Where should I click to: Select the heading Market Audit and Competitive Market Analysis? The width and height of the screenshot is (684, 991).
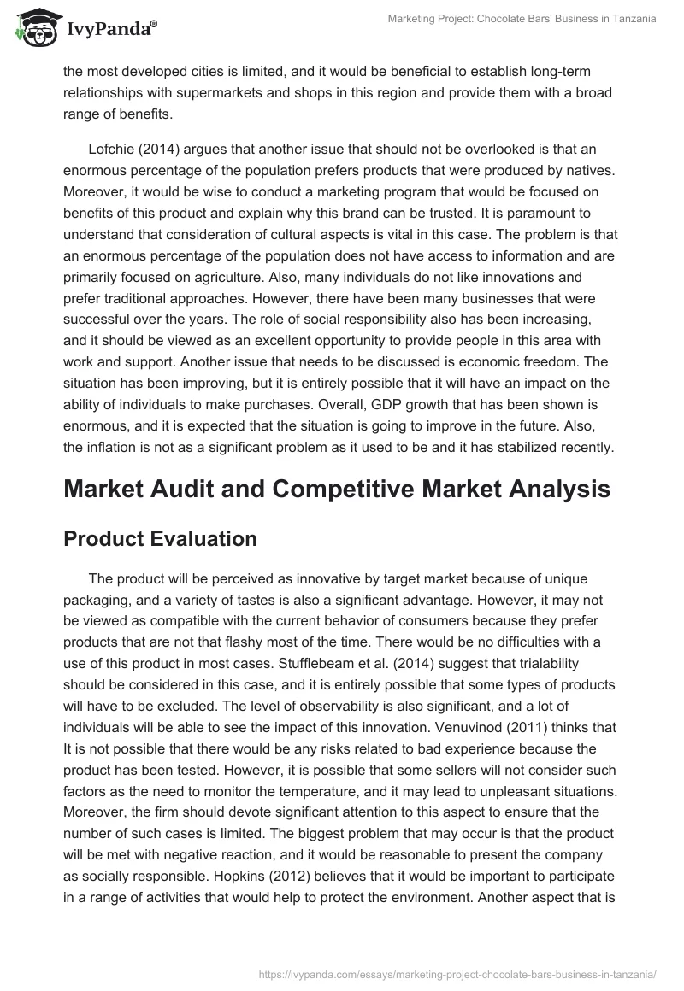(x=336, y=489)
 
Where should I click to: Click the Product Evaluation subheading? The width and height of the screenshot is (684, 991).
(x=160, y=538)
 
